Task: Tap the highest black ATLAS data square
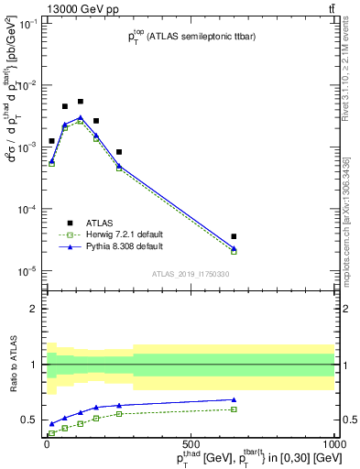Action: click(x=81, y=102)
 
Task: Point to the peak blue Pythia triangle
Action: click(x=81, y=117)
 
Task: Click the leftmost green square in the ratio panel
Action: click(x=51, y=433)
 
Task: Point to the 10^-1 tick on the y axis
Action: click(x=27, y=24)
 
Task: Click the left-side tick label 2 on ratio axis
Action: click(x=35, y=309)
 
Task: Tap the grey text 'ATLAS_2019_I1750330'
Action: click(x=190, y=275)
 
